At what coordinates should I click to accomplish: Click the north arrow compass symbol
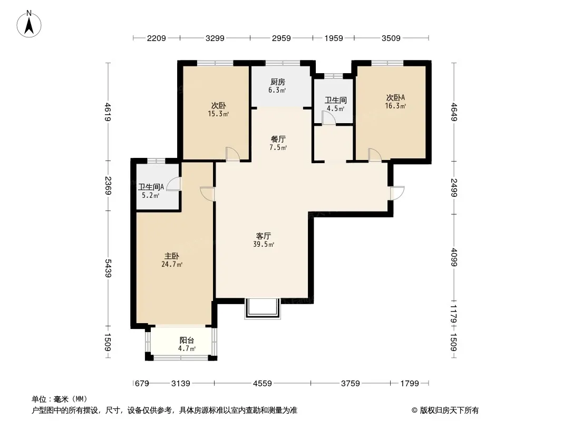pos(29,24)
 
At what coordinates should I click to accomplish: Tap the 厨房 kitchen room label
pos(278,82)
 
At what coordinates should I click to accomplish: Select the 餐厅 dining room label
pos(278,139)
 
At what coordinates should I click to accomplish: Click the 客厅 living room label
pos(264,236)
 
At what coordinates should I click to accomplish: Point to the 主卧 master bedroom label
pos(172,256)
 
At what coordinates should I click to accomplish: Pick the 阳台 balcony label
pos(187,340)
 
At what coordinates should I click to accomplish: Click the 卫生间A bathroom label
pos(151,187)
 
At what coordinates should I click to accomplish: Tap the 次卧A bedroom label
pos(395,98)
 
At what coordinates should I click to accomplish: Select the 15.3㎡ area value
pos(218,114)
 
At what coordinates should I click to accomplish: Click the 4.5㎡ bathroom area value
pos(335,109)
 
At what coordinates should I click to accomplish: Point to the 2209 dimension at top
pos(156,38)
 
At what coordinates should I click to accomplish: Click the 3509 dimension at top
pos(391,38)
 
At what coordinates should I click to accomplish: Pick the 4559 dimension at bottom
pos(263,384)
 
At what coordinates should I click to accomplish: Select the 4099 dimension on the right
pos(454,257)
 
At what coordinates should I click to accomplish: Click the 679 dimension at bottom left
pos(142,384)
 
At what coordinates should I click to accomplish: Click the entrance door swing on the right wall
pos(398,193)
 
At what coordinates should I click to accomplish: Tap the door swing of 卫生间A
pos(174,184)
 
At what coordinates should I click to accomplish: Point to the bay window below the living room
pos(263,308)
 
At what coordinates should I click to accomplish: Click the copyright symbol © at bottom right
pos(414,410)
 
